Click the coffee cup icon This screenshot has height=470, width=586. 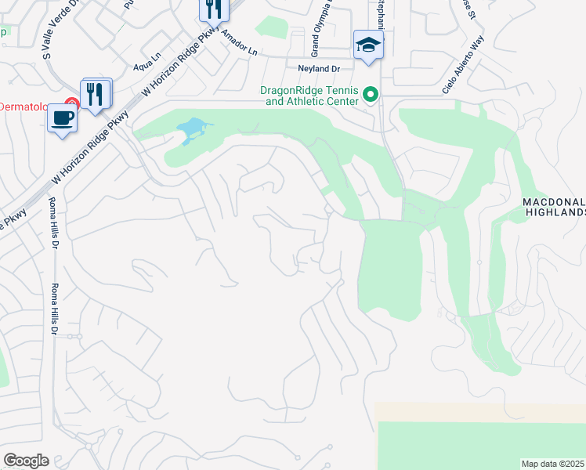62,118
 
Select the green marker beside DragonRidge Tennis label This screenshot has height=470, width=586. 371,96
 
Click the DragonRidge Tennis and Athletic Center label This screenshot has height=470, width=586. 310,96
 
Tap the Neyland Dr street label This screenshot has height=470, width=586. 313,69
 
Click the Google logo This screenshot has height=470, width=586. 26,461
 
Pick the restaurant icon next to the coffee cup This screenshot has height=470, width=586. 96,94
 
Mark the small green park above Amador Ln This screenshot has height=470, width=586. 272,27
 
